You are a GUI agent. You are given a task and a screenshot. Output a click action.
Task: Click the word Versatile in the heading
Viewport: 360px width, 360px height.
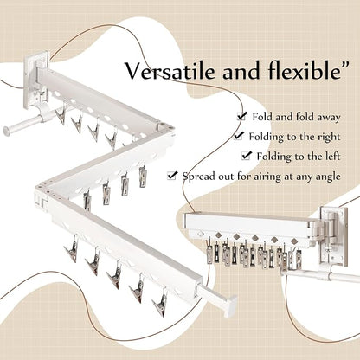click(x=170, y=71)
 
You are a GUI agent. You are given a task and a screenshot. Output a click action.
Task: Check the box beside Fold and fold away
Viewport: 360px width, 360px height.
click(x=241, y=116)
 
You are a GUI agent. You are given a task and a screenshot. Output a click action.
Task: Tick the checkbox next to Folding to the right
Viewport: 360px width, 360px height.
click(x=239, y=136)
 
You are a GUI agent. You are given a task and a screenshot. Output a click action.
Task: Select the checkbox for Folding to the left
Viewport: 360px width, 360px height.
click(x=247, y=156)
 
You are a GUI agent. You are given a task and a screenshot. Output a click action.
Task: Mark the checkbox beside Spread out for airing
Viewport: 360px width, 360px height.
click(x=171, y=176)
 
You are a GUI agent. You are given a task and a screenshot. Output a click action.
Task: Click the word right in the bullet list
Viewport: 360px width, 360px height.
click(x=329, y=137)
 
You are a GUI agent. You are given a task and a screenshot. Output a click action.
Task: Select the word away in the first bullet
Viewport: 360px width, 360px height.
click(x=329, y=117)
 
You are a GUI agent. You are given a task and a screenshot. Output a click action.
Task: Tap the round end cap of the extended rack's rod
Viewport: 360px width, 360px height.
click(x=6, y=132)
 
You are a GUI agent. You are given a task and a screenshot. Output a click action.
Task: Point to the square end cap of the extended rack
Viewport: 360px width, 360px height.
click(x=231, y=306)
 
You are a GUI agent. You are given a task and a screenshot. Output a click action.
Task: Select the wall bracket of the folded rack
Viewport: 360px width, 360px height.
click(x=334, y=237)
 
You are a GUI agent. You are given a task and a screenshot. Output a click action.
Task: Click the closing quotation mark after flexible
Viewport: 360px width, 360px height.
click(x=344, y=65)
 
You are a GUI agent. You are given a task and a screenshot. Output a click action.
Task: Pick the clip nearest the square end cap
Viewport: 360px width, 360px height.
click(x=160, y=302)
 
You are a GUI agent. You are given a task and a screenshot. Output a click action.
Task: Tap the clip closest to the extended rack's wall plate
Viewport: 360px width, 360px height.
click(x=61, y=114)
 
